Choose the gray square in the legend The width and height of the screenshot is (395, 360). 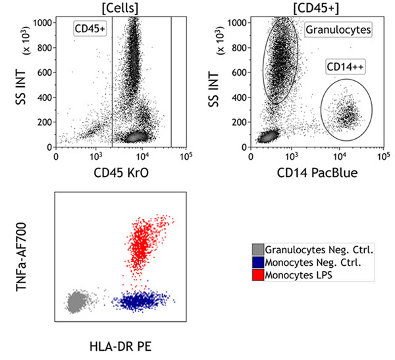257,249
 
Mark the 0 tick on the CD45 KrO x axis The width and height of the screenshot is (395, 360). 56,157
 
